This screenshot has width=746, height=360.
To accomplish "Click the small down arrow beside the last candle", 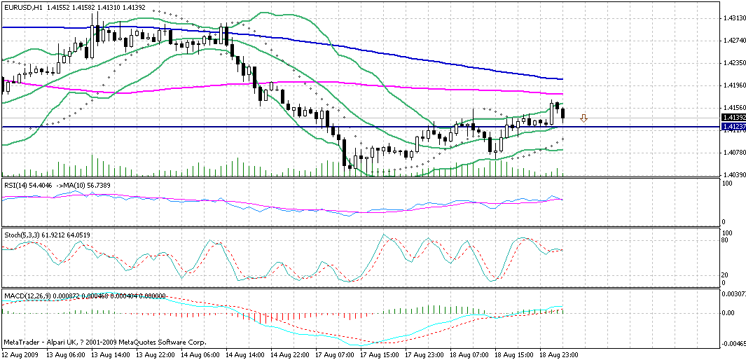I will point(583,118).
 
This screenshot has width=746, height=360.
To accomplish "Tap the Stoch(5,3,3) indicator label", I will point(21,234).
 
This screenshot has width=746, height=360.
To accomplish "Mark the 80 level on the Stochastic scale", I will point(727,240).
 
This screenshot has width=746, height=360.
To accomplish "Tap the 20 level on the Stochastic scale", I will point(727,275).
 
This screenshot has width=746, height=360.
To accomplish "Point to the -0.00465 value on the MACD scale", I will point(733,344).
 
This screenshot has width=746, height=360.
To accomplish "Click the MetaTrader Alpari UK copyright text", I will point(105,342).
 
